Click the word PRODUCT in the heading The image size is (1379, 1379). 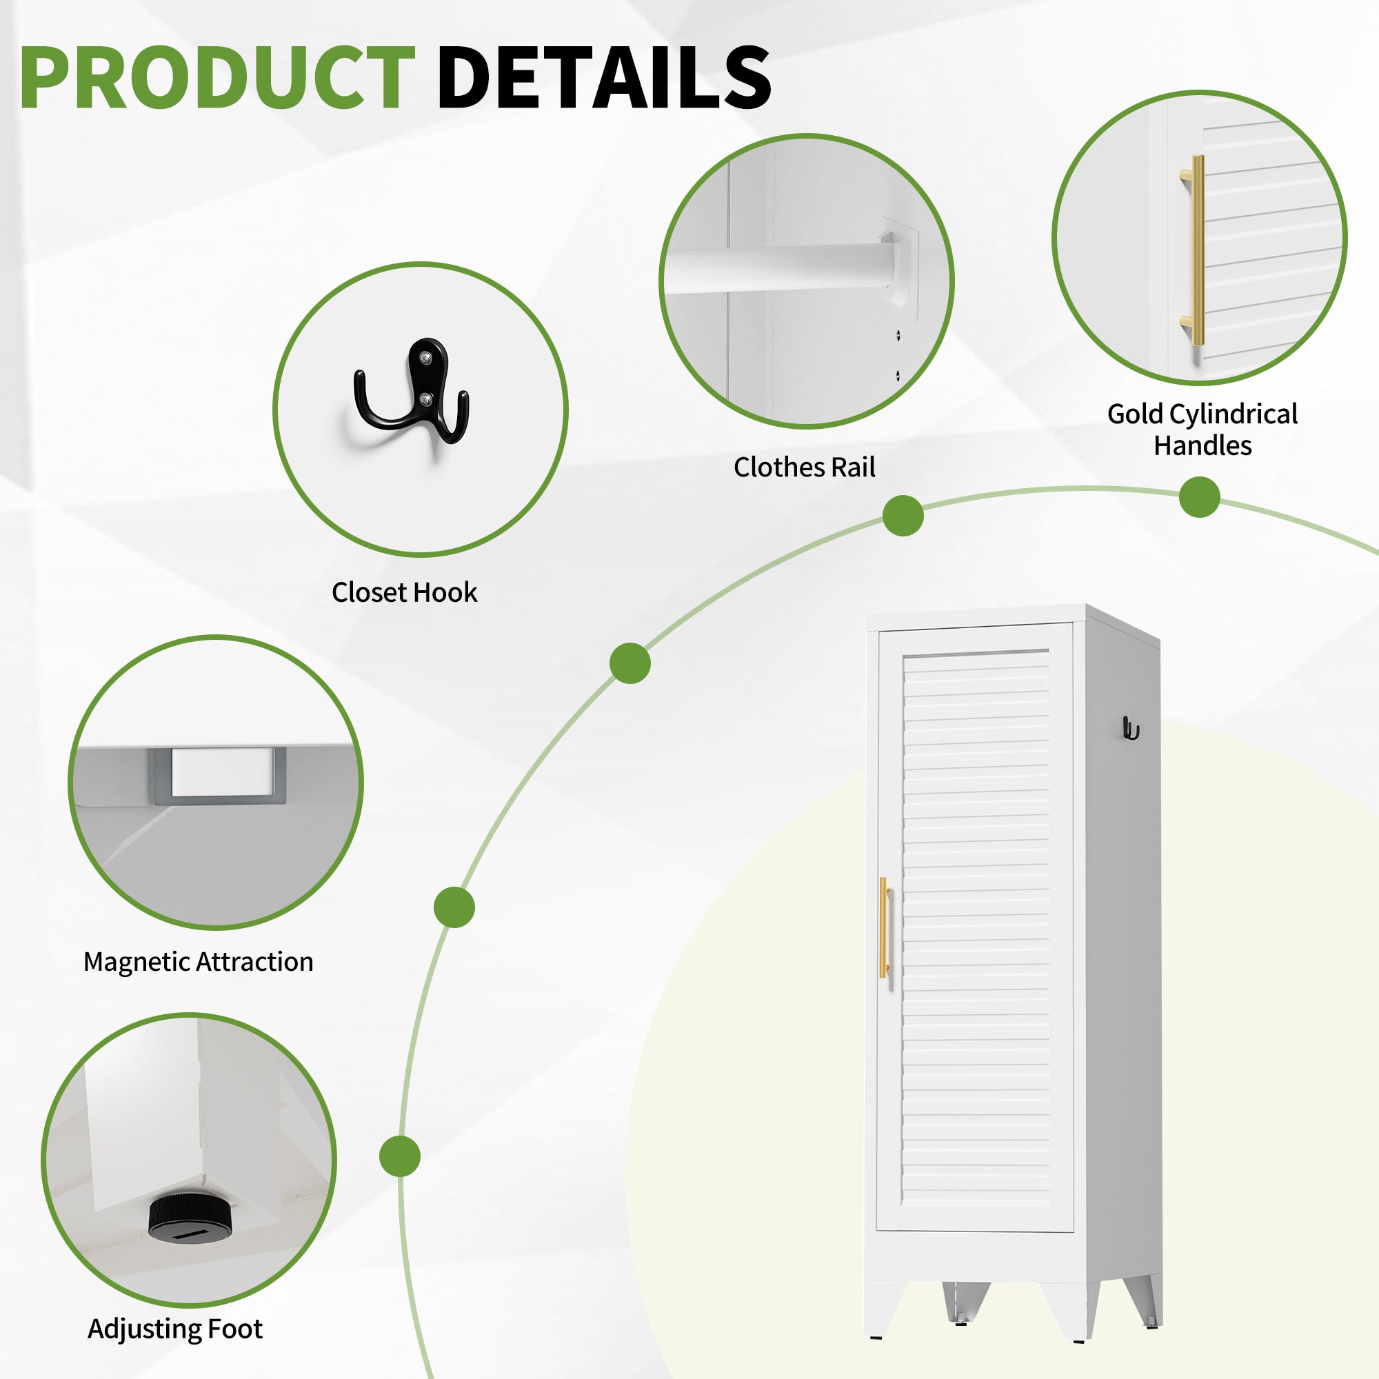click(217, 77)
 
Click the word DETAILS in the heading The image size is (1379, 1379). click(604, 77)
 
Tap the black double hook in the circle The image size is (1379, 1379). click(412, 390)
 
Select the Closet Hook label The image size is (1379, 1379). click(404, 592)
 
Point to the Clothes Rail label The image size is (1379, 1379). click(805, 467)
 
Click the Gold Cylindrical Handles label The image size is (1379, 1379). click(1202, 430)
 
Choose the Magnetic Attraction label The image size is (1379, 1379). click(199, 962)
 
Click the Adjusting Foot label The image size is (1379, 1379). click(176, 1329)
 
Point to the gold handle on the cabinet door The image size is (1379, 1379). click(885, 927)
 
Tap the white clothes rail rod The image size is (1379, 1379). click(778, 268)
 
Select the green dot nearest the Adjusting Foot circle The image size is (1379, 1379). click(400, 1156)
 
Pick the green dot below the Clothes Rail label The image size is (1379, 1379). click(903, 515)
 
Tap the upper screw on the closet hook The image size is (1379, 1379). click(425, 358)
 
